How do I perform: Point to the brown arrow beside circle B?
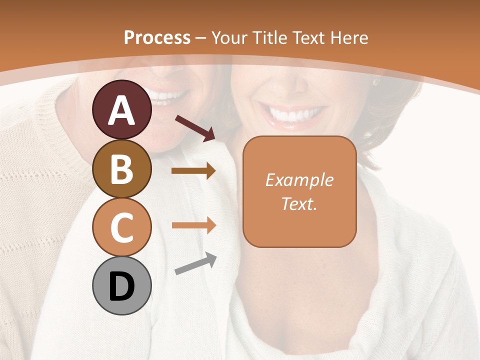pyautogui.click(x=193, y=171)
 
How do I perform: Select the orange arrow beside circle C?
pyautogui.click(x=193, y=225)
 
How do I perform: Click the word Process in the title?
pyautogui.click(x=157, y=37)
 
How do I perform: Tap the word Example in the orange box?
pyautogui.click(x=299, y=180)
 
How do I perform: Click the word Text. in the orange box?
pyautogui.click(x=299, y=203)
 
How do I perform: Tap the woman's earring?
pyautogui.click(x=375, y=81)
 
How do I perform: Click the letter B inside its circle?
pyautogui.click(x=121, y=169)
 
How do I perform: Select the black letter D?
pyautogui.click(x=121, y=286)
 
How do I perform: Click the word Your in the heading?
pyautogui.click(x=229, y=37)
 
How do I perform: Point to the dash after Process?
pyautogui.click(x=200, y=38)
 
